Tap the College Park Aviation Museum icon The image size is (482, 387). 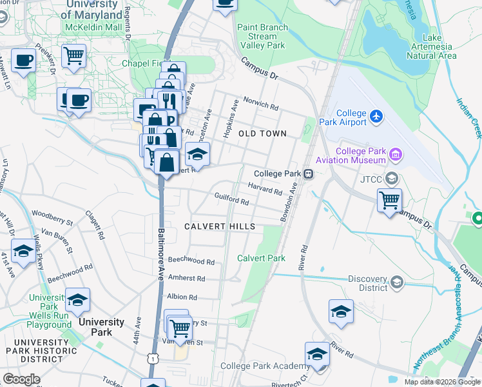coord(396,155)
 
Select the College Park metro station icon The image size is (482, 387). coord(309,174)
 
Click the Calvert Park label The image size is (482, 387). coord(261,258)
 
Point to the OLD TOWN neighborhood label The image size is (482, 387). coord(262,134)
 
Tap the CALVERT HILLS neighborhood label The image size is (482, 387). coord(220,226)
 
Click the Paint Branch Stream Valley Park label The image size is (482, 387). coord(261,37)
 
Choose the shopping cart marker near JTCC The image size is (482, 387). coord(390,201)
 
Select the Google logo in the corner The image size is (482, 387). coord(21,379)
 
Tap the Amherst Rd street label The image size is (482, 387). coord(186,278)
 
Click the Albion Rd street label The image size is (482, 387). coord(182,297)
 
